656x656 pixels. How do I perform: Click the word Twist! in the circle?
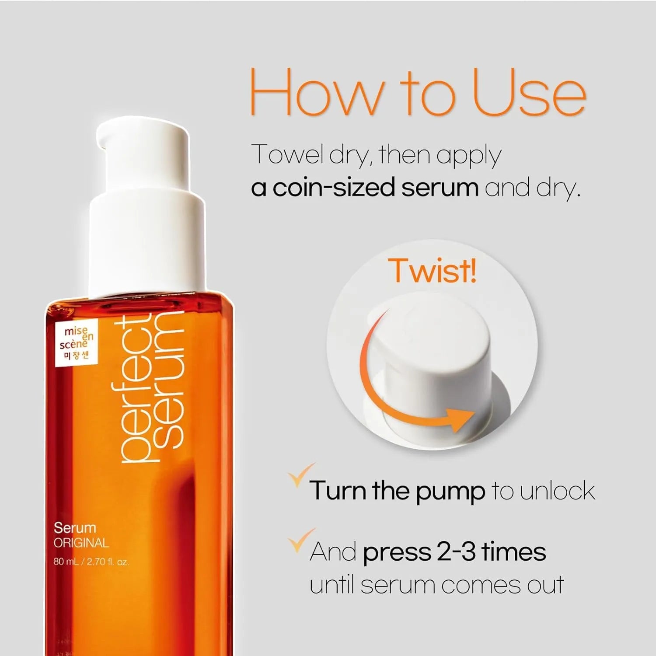pos(432,271)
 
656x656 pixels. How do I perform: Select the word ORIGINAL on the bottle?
pos(81,543)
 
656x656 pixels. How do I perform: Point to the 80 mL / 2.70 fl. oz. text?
pos(91,562)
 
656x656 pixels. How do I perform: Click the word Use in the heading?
pos(529,93)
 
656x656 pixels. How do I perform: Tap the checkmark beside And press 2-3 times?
pos(301,540)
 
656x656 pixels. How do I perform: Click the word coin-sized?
pos(334,188)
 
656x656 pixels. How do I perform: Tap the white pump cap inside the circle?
pos(433,350)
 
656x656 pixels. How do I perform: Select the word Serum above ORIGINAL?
pos(75,528)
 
